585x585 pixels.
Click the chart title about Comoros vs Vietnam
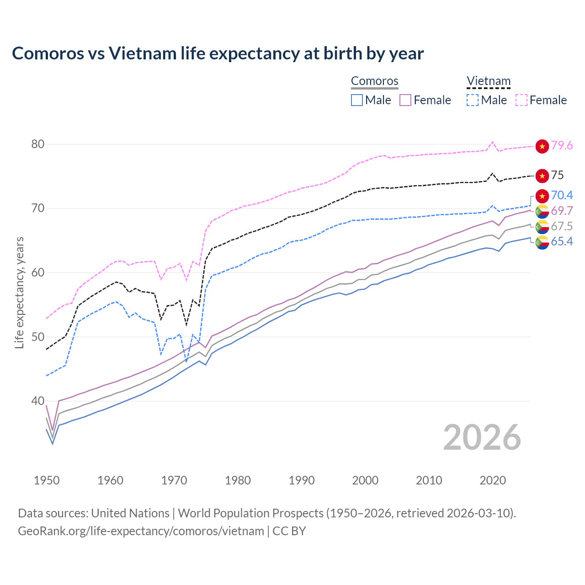click(218, 53)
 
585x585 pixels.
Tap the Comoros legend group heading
click(375, 81)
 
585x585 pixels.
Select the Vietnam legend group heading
click(488, 81)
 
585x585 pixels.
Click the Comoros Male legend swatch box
click(357, 100)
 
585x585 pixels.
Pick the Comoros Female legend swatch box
click(405, 100)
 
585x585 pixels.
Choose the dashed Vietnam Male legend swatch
click(473, 100)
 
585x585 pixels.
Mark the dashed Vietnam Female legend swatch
click(521, 100)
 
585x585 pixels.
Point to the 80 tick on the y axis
click(37, 144)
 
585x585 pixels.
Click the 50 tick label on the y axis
click(37, 337)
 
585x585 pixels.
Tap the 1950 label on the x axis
click(47, 480)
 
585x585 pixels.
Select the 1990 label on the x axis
click(302, 480)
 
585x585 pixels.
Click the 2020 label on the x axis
click(493, 480)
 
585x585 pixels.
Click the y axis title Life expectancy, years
click(19, 292)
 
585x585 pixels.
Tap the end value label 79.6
click(562, 145)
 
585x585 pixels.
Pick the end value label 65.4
click(562, 241)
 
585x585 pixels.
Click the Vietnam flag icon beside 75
click(542, 175)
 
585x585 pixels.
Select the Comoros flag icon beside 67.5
click(542, 226)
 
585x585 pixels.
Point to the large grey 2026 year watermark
click(482, 437)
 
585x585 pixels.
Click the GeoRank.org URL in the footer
click(141, 531)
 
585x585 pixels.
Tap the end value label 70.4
click(562, 195)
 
